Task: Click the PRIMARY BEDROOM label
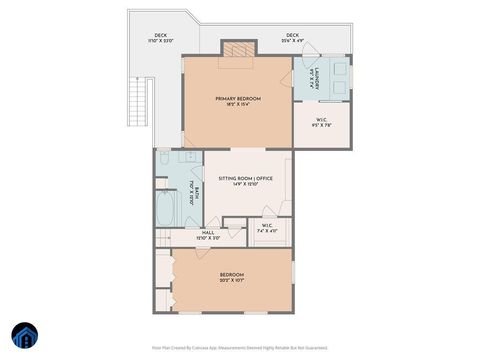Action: click(237, 98)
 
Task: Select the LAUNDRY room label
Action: click(313, 79)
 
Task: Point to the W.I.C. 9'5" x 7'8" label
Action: click(320, 125)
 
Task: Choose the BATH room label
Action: click(197, 192)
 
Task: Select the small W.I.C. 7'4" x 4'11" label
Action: click(267, 228)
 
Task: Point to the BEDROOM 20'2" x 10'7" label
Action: click(231, 277)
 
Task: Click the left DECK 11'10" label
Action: click(160, 38)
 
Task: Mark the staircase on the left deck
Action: click(139, 100)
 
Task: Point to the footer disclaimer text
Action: click(239, 347)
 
